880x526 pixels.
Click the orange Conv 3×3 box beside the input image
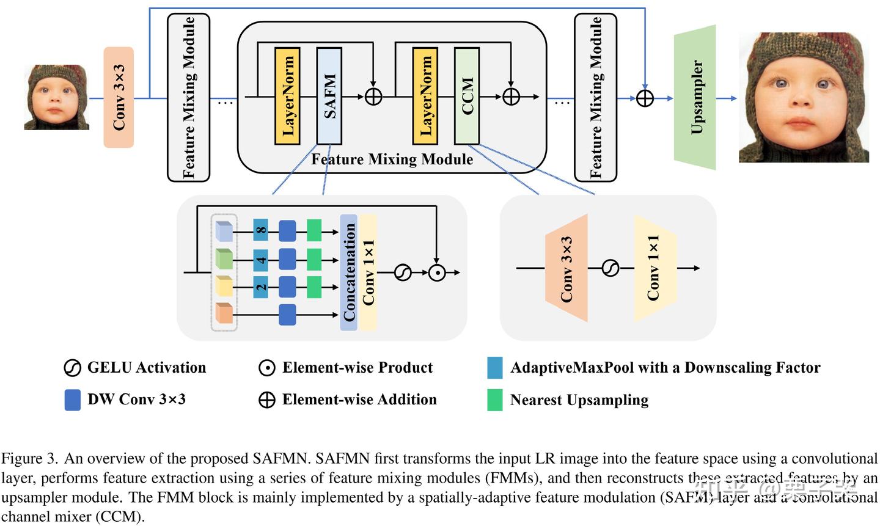tap(119, 97)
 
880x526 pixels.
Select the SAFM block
tap(329, 96)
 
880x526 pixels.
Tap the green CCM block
tap(467, 96)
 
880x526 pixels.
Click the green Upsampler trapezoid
tap(695, 97)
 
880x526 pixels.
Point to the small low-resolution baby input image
tap(56, 97)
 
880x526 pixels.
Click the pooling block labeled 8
tap(261, 231)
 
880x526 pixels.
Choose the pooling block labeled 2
tap(261, 287)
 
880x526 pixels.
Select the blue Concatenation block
tap(348, 272)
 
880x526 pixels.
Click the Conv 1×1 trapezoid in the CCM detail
tap(654, 268)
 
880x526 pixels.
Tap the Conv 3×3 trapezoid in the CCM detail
tap(566, 268)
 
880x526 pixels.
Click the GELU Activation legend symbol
tap(72, 368)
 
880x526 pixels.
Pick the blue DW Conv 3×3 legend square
tap(73, 400)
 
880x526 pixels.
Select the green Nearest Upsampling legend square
tap(495, 400)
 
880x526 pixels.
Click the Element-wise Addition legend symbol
tap(267, 400)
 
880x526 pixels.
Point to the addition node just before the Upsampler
tap(645, 98)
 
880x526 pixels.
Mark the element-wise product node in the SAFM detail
tap(436, 273)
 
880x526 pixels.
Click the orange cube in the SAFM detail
tap(224, 313)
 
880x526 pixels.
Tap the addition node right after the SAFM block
tap(373, 97)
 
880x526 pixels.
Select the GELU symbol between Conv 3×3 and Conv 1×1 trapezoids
tap(610, 268)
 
